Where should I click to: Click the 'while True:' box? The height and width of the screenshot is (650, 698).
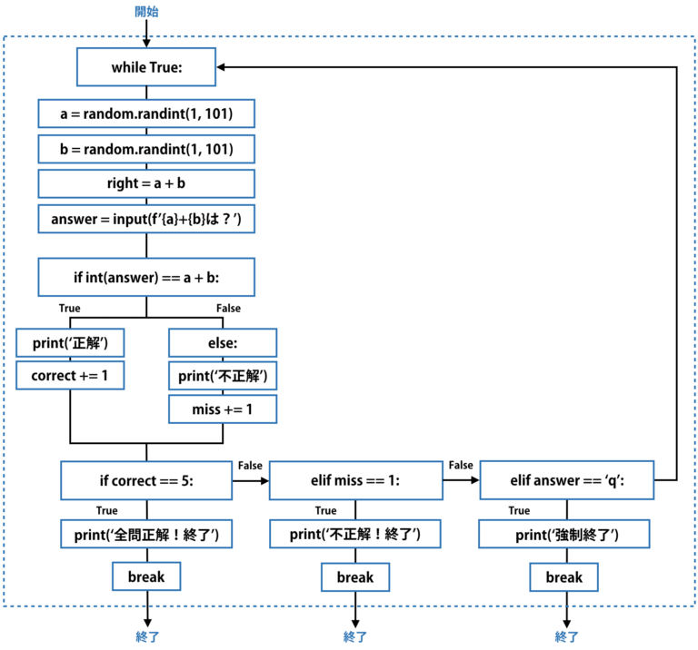(145, 67)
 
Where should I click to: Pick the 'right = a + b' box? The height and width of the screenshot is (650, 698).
(145, 182)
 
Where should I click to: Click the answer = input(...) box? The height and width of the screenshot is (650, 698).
(145, 218)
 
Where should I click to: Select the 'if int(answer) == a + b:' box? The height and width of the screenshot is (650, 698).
(145, 277)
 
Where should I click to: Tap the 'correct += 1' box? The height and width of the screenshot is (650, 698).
(70, 375)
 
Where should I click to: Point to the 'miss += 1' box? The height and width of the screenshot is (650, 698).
(223, 409)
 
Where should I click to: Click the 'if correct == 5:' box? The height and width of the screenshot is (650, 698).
(145, 480)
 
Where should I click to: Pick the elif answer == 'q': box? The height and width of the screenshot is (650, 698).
(564, 480)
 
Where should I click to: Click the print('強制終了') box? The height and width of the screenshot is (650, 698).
(564, 535)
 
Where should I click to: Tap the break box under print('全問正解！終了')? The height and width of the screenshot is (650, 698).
(145, 576)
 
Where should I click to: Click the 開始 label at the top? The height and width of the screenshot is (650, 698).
(145, 12)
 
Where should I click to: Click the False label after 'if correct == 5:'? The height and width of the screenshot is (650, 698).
(250, 465)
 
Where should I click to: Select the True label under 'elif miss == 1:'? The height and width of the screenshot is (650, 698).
(325, 510)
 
